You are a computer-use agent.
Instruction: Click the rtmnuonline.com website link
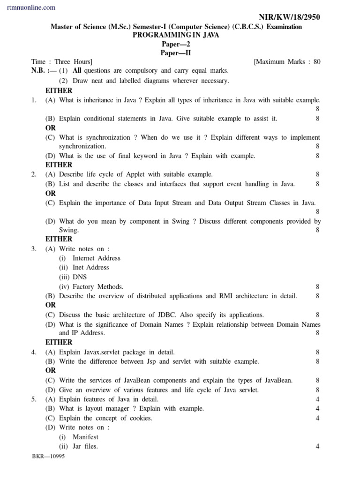(x=31, y=7)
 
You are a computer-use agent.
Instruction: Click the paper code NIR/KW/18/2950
(x=290, y=17)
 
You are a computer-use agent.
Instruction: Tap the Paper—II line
(x=176, y=53)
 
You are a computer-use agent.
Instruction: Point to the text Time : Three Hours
(x=61, y=62)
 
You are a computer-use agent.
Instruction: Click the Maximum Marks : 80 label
(x=287, y=62)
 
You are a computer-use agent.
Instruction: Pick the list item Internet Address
(x=96, y=258)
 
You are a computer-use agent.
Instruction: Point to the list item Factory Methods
(x=98, y=286)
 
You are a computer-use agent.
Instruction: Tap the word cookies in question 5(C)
(x=140, y=418)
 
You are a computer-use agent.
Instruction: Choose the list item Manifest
(x=85, y=437)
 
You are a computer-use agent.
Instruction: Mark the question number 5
(x=34, y=399)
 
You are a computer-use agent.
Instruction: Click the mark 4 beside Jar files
(x=317, y=446)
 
